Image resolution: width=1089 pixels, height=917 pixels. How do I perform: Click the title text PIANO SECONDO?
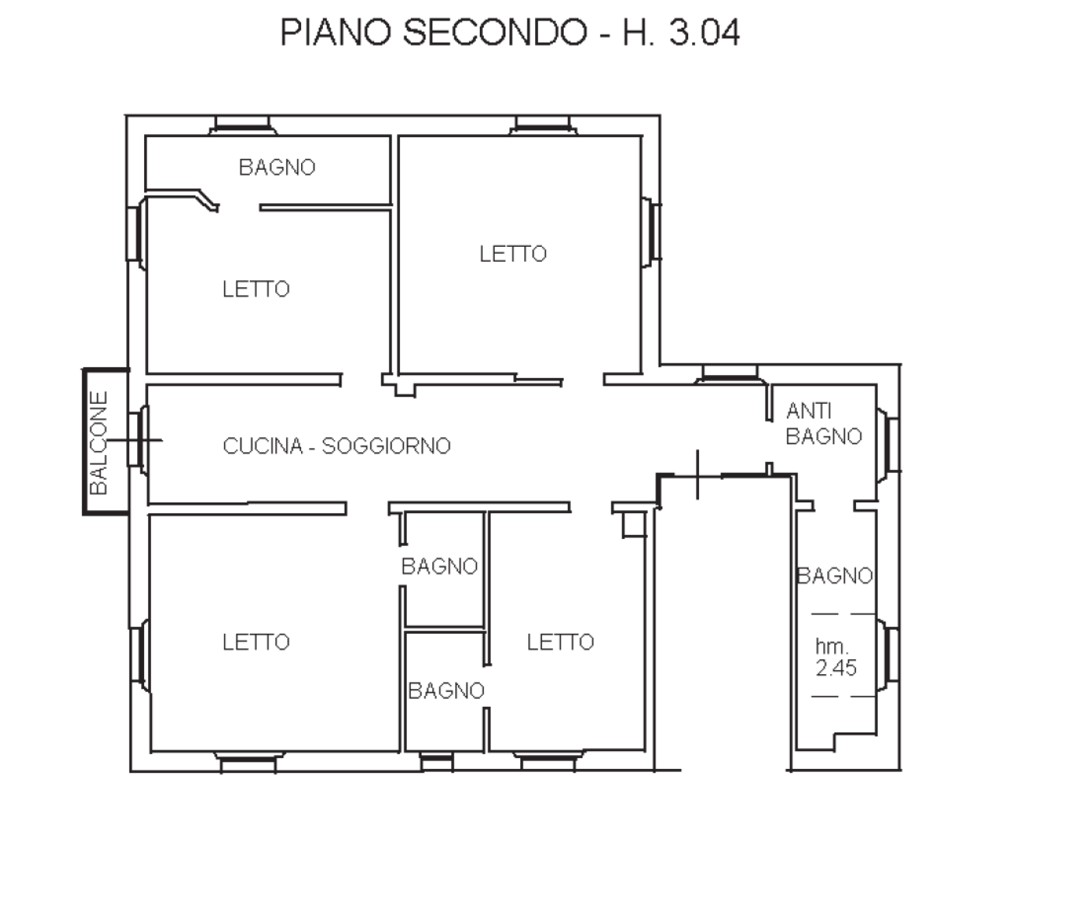click(434, 32)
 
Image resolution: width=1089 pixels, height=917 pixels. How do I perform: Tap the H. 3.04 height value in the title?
click(681, 32)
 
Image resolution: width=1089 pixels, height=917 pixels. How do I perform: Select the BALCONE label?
click(99, 442)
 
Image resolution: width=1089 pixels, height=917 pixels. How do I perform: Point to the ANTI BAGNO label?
click(824, 424)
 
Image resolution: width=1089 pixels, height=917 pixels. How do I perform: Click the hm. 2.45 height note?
click(835, 657)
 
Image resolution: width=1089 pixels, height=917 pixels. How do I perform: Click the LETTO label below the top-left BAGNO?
click(256, 289)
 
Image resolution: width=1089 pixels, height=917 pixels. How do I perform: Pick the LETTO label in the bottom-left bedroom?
click(256, 642)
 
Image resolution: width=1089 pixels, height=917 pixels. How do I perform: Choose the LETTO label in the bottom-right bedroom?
click(560, 642)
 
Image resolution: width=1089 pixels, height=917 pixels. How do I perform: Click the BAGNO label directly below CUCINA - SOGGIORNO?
click(440, 567)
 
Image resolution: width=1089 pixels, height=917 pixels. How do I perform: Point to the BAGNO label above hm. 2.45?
click(835, 576)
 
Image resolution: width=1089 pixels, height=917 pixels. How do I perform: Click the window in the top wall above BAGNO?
click(242, 125)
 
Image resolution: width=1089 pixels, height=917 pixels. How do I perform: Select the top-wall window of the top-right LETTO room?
click(543, 125)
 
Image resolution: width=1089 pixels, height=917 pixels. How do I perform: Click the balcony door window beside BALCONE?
click(138, 440)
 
